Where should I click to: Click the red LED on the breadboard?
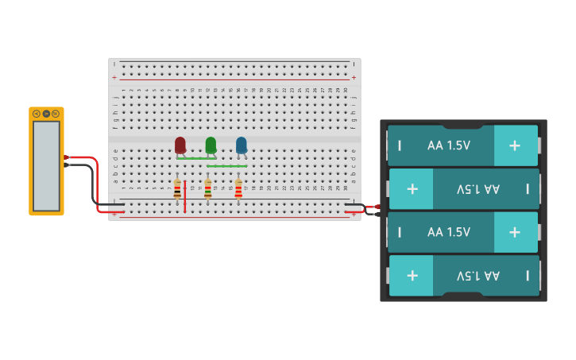[180, 145]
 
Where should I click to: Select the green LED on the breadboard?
[211, 145]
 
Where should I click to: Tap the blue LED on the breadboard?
[242, 145]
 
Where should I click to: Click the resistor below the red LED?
[177, 189]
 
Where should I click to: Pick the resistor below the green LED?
[208, 189]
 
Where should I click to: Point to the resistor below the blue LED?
[238, 189]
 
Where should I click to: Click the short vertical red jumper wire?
[184, 196]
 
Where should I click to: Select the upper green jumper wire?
[195, 158]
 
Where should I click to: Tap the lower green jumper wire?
[226, 166]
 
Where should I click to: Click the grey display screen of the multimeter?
[46, 165]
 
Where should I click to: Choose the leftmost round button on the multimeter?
[37, 114]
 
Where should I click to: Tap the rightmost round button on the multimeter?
[56, 114]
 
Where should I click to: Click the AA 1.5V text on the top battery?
[449, 145]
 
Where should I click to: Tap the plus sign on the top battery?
[515, 145]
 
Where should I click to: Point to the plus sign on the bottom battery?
[412, 276]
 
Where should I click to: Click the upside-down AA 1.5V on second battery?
[478, 189]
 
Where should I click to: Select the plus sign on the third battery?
[515, 232]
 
